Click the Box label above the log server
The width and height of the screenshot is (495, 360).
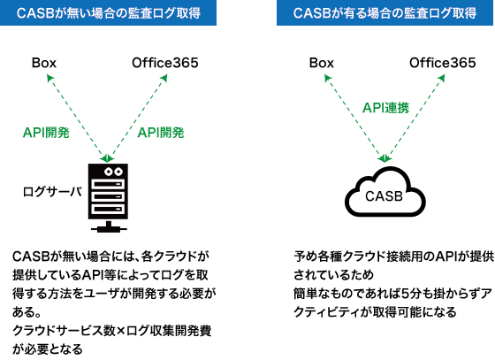coord(44,63)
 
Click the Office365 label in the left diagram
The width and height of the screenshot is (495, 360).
coord(165,63)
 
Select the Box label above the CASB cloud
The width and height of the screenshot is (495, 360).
coord(322,63)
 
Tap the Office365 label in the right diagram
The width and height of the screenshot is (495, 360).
coord(443,63)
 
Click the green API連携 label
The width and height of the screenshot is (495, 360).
coord(385,108)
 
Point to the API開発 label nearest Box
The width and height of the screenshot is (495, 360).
coord(46,133)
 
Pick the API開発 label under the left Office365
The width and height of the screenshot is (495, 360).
coord(161,133)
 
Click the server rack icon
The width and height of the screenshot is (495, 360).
coord(108,197)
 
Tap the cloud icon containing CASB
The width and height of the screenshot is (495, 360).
coord(385,192)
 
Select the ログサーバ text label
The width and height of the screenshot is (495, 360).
coord(52,192)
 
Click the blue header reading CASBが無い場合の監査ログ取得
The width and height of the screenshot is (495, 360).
coord(108,12)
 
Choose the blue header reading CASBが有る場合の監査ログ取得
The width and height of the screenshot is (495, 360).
coord(385,12)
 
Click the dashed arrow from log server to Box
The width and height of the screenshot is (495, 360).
coord(77,118)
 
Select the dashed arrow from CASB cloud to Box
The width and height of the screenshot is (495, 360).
coord(354,118)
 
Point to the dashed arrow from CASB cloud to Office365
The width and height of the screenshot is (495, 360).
coord(415,118)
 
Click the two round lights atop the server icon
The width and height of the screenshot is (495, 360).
coord(114,172)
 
